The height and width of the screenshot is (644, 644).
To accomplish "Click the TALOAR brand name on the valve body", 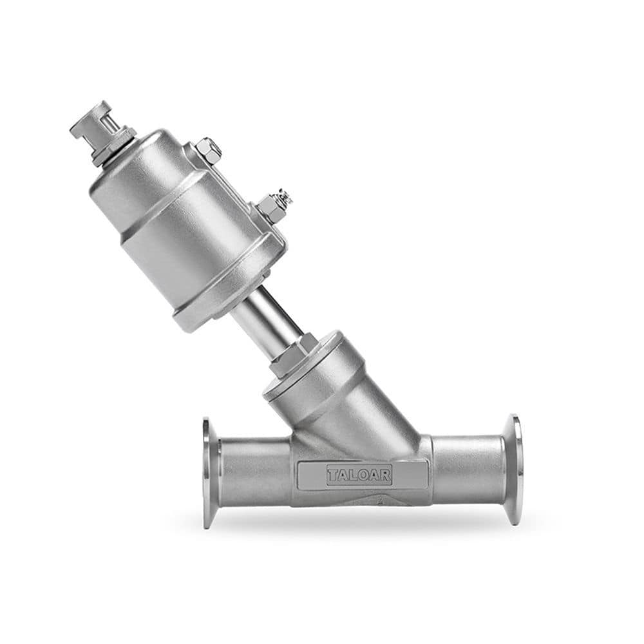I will pos(359,475).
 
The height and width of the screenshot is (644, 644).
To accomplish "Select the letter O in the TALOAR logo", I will pos(359,475).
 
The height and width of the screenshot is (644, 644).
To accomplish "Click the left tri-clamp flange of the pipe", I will pos(209,473).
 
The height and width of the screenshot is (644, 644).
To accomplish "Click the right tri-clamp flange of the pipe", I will pos(513,469).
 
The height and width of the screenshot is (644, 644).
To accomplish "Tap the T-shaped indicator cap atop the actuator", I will pos(90,120).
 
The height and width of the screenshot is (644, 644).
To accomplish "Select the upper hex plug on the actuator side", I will pos(207,150).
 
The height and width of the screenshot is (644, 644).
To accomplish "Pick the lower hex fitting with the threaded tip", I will pos(273,206).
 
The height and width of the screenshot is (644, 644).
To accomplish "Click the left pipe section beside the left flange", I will pos(254,472).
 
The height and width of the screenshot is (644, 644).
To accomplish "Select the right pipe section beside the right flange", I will pos(467,469).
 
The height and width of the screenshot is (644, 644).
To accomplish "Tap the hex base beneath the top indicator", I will pos(115,145).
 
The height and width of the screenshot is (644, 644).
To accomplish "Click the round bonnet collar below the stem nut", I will pos(306,380).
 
